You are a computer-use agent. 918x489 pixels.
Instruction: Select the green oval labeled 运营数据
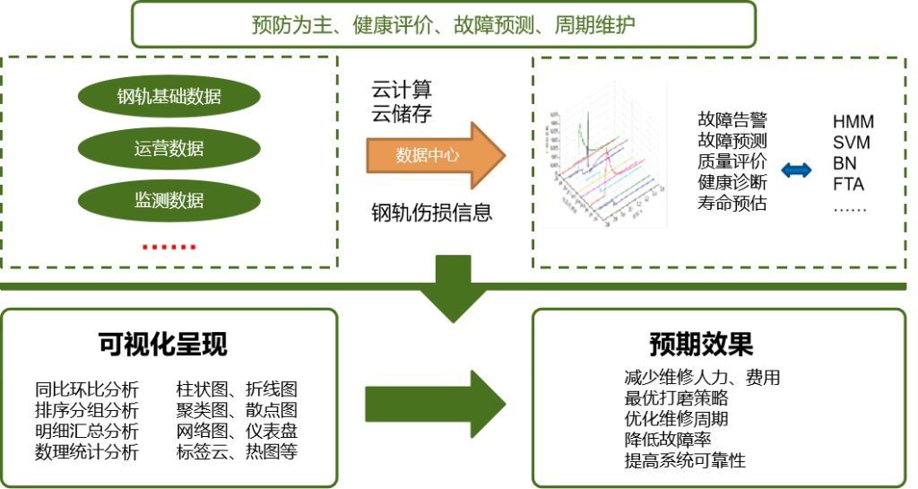(x=169, y=149)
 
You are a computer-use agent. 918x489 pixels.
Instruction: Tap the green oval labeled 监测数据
(x=169, y=200)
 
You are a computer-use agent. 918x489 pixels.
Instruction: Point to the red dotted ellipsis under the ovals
(x=169, y=247)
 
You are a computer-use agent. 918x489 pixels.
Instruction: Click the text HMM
(x=853, y=122)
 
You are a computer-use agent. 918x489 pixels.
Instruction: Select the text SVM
(x=851, y=143)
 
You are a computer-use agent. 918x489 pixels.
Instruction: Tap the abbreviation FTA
(x=848, y=184)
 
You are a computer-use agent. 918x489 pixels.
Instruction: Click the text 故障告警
(x=732, y=119)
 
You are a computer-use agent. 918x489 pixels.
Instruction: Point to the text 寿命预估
(x=732, y=203)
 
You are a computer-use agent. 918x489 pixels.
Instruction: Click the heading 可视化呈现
(x=163, y=345)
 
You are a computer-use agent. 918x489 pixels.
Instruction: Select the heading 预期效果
(x=701, y=345)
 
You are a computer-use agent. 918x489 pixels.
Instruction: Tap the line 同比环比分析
(x=87, y=389)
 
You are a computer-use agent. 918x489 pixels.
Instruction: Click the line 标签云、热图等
(x=237, y=452)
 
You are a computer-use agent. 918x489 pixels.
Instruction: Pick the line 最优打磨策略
(x=676, y=398)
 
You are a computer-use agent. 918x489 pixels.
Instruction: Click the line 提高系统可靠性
(x=685, y=461)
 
